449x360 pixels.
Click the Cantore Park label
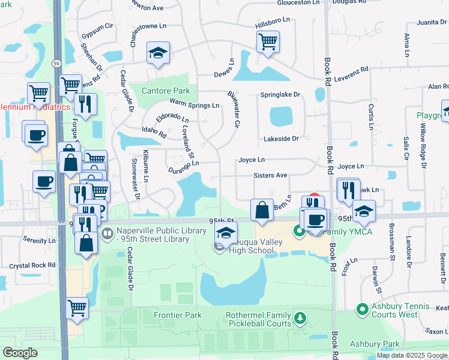(165, 91)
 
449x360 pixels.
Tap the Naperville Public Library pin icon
(107, 233)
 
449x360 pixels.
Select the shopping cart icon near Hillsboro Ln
(267, 42)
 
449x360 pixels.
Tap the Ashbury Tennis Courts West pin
(362, 310)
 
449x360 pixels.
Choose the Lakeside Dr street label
(281, 139)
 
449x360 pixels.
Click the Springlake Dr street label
(280, 95)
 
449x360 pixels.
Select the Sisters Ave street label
(270, 176)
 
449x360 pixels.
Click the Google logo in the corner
(20, 353)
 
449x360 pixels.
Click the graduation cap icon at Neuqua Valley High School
(226, 233)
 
